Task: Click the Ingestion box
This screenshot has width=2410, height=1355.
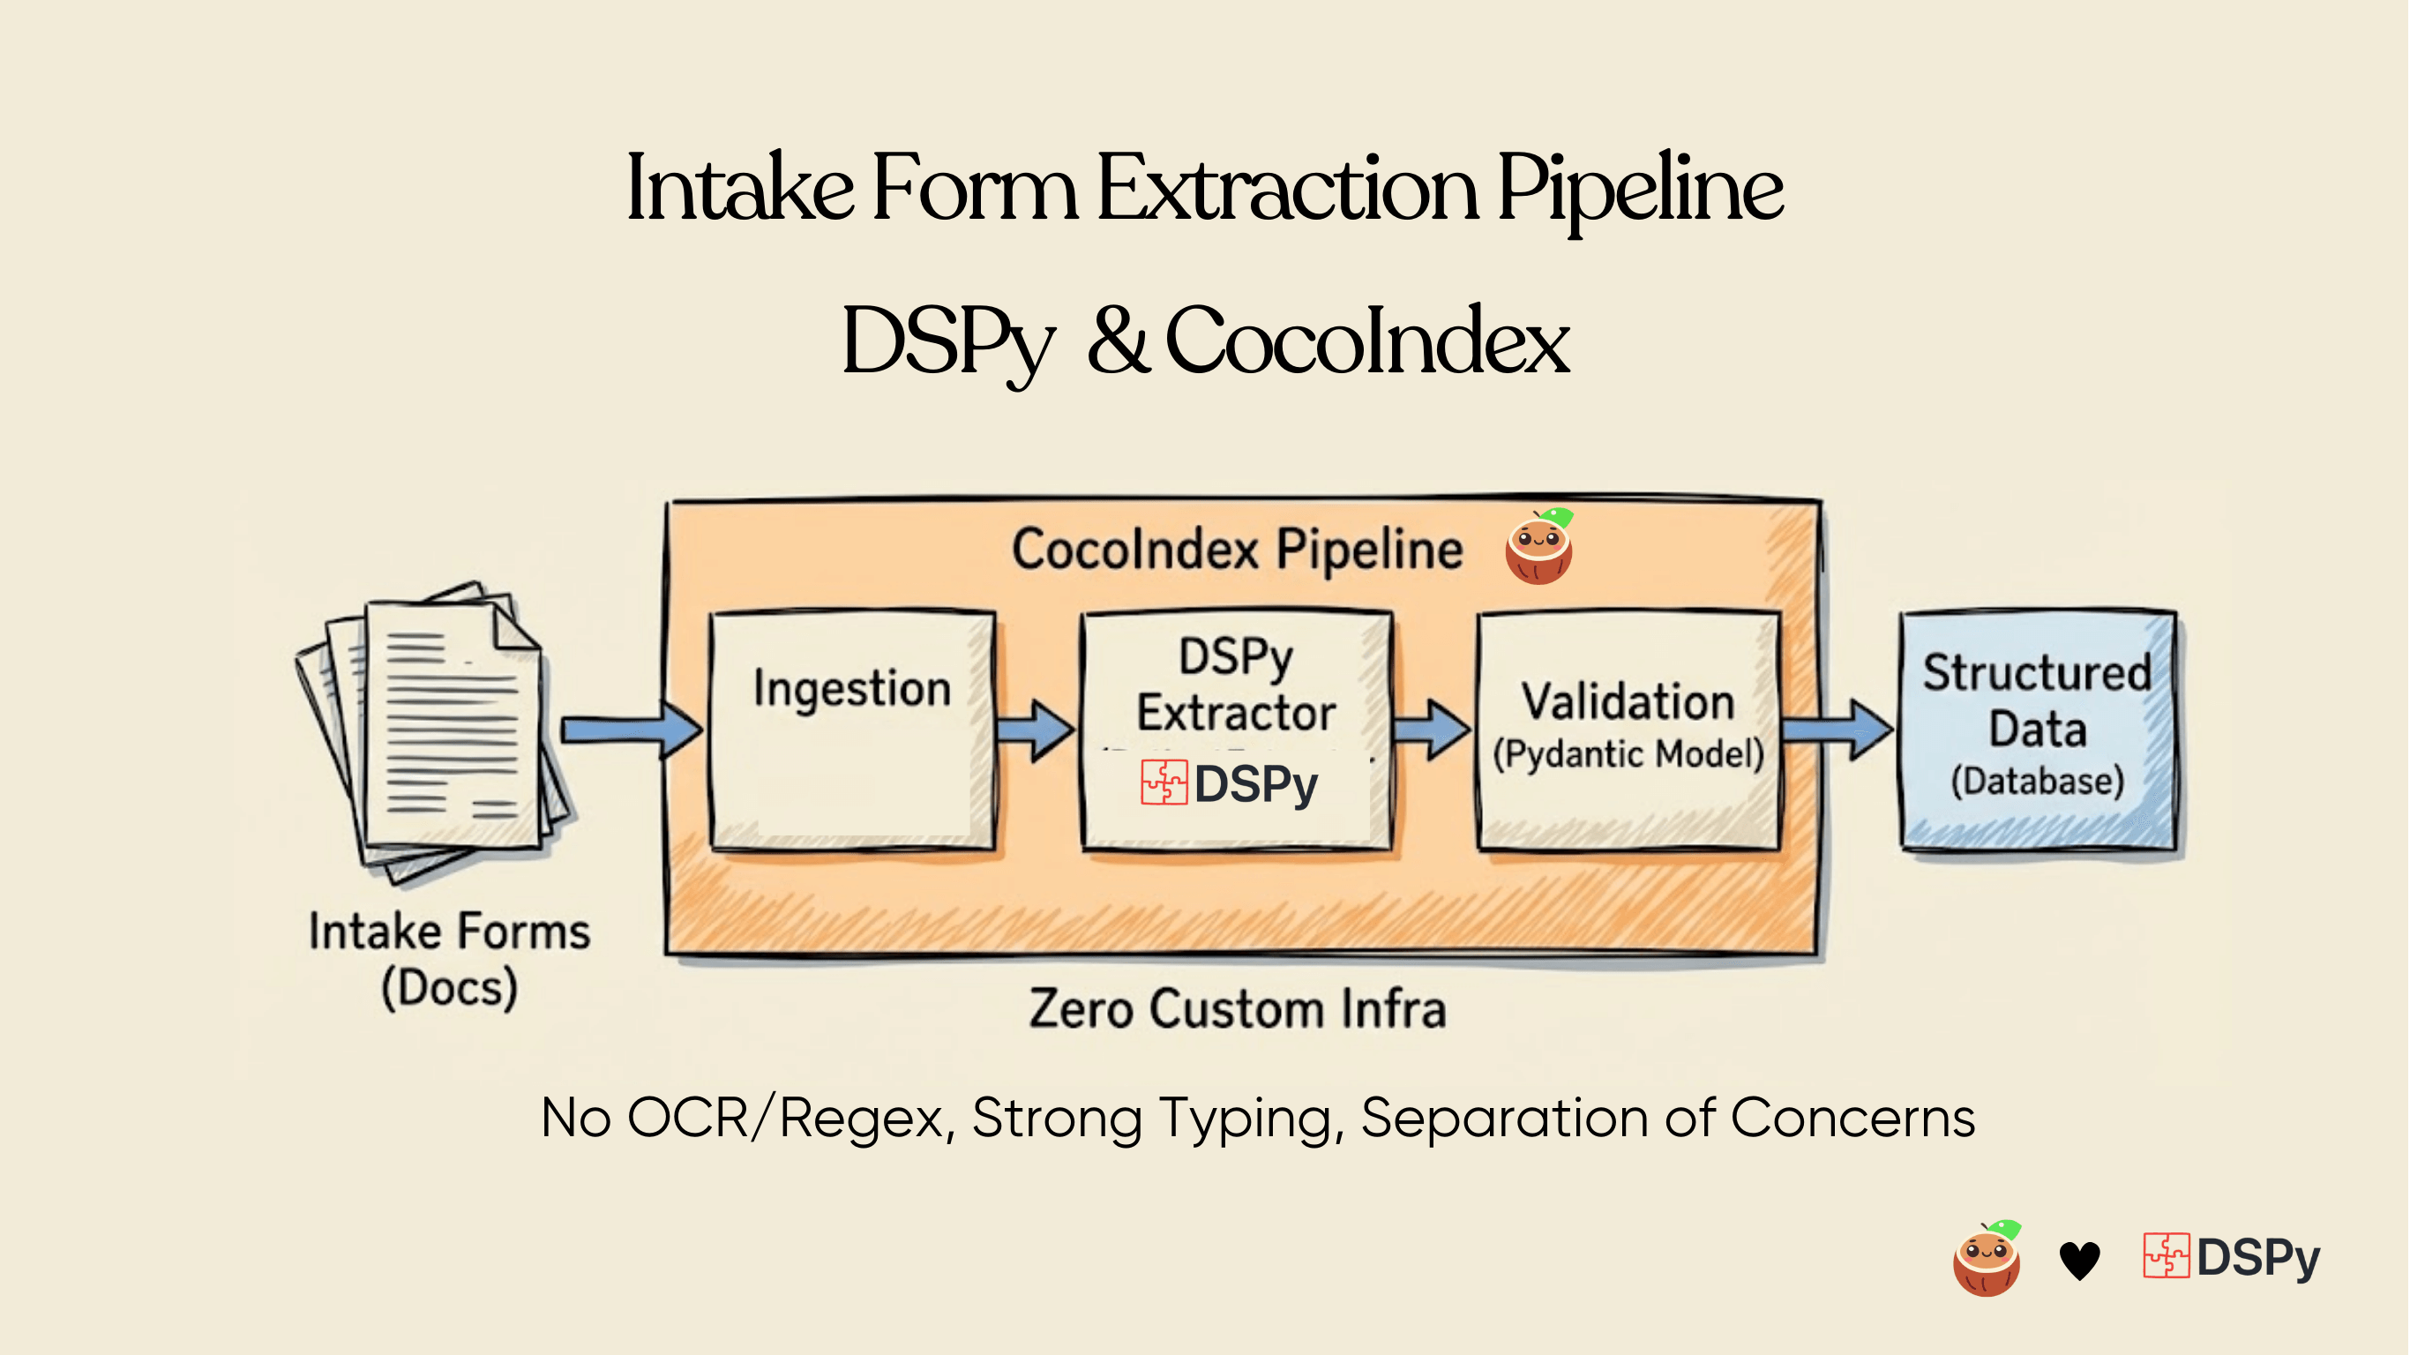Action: tap(851, 730)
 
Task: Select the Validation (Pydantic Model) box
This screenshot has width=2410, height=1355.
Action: tap(1628, 730)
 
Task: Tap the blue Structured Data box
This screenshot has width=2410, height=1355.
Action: tap(2038, 730)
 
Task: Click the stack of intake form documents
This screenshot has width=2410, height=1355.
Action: tap(435, 730)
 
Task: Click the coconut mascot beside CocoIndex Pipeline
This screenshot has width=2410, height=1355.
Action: tap(1539, 548)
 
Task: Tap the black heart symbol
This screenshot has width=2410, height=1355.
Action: tap(2080, 1260)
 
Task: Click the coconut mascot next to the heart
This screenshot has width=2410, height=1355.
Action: tap(1987, 1260)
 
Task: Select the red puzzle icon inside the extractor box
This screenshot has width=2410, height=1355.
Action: tap(1164, 782)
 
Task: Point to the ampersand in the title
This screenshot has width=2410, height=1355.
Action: tap(1118, 341)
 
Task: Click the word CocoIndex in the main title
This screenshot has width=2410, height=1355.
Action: tap(1366, 341)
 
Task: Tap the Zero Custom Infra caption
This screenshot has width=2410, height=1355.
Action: tap(1237, 1009)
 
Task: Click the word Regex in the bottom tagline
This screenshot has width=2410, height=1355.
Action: tap(861, 1119)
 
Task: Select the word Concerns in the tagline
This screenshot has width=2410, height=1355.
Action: tap(1852, 1119)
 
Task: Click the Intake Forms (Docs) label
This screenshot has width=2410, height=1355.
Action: tap(449, 959)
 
